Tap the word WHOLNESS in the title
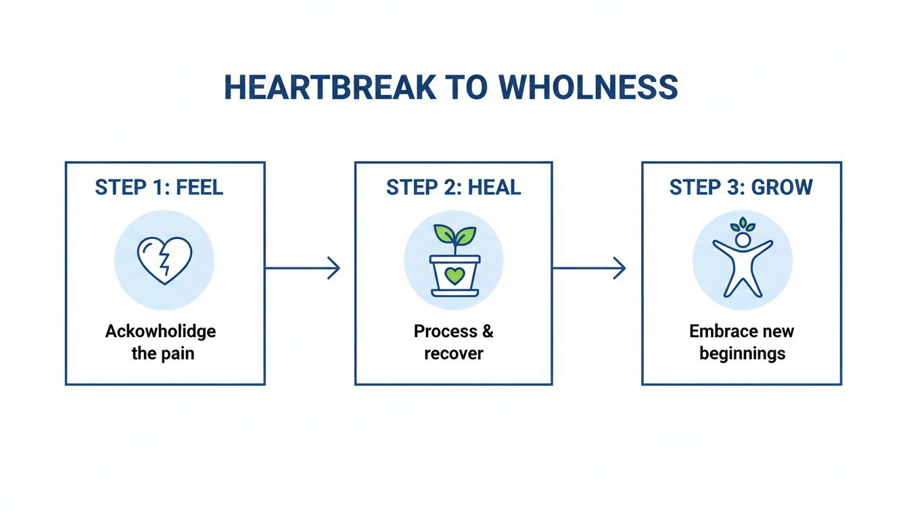click(x=588, y=88)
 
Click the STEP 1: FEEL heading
click(x=159, y=188)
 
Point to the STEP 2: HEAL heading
click(x=453, y=188)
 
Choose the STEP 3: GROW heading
click(x=741, y=188)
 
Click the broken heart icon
click(x=164, y=259)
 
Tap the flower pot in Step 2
click(x=454, y=276)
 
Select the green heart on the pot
click(x=454, y=276)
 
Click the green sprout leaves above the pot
click(x=454, y=234)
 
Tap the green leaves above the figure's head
click(x=743, y=225)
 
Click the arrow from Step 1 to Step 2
click(x=302, y=268)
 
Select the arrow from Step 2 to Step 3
click(x=589, y=268)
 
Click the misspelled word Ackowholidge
click(x=161, y=331)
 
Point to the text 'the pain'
click(x=162, y=353)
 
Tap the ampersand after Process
click(x=486, y=331)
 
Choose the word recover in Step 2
click(x=454, y=353)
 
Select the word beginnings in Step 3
click(x=742, y=353)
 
